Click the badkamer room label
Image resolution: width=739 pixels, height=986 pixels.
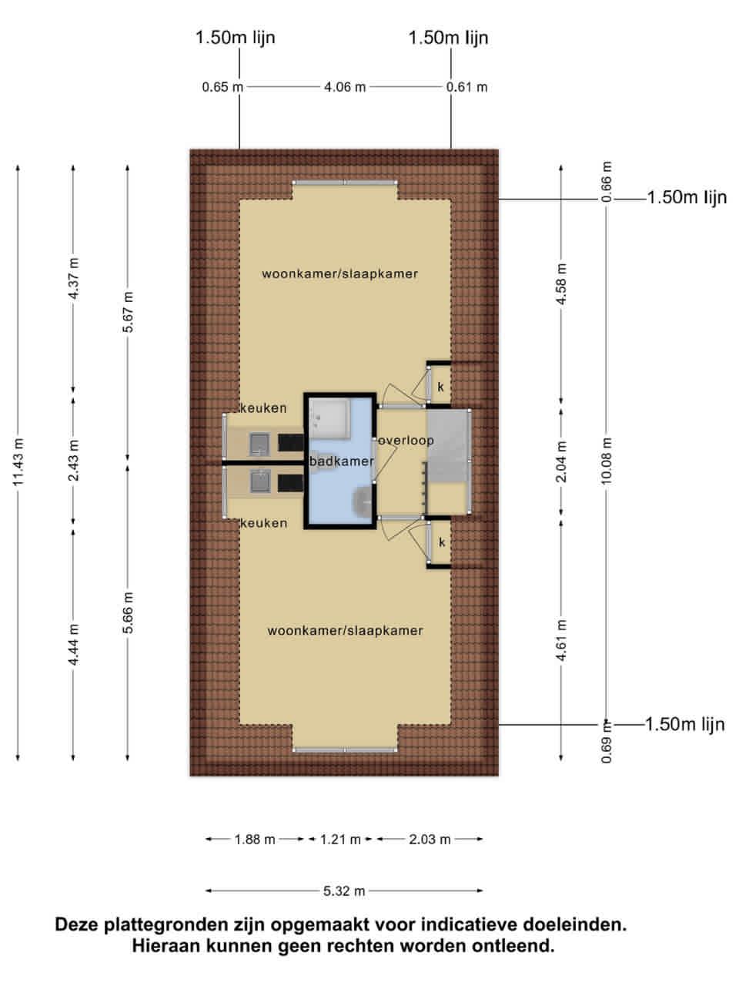(342, 461)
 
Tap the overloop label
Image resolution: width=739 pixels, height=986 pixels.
(406, 441)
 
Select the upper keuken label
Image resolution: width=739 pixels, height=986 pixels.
(263, 407)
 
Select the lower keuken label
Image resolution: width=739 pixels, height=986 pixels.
(263, 523)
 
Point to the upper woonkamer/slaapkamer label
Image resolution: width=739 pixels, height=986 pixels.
(339, 273)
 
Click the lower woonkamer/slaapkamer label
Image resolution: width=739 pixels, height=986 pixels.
(345, 630)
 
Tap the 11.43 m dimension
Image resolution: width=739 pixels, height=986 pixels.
(18, 461)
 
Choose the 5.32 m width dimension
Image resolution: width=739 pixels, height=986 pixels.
(344, 890)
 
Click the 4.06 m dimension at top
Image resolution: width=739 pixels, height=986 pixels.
(345, 87)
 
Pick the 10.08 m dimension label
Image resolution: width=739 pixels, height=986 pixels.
(606, 461)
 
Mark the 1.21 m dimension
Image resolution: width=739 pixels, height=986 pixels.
(340, 839)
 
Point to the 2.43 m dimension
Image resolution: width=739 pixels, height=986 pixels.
(73, 460)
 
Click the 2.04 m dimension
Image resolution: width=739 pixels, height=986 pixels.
(561, 461)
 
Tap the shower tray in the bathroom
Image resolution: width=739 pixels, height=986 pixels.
(329, 418)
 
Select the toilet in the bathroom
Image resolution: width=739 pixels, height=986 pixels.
(363, 500)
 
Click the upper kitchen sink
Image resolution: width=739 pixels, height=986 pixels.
(259, 444)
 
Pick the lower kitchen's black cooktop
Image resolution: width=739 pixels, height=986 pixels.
(291, 483)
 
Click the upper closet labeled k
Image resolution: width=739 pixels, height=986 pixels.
(440, 386)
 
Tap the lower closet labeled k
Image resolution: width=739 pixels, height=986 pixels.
(440, 542)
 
